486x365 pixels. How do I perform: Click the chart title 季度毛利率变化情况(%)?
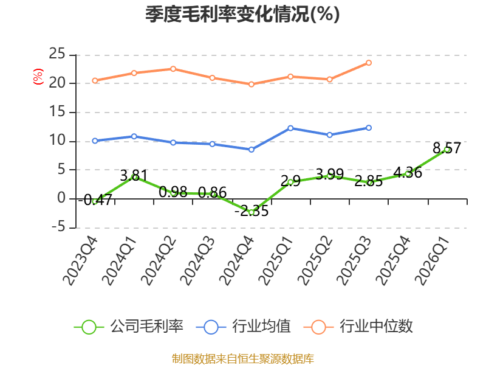click(x=242, y=14)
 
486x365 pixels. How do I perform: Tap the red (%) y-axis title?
click(x=38, y=77)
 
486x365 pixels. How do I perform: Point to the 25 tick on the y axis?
click(x=57, y=54)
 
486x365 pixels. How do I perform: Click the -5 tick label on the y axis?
click(x=58, y=227)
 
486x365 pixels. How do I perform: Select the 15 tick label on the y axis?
click(x=57, y=111)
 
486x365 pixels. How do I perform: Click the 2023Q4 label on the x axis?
click(x=80, y=261)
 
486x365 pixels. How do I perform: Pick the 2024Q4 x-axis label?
click(x=236, y=261)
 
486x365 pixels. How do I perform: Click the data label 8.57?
click(x=447, y=148)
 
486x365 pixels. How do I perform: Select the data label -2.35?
click(x=252, y=211)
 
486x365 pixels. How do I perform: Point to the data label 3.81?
click(x=134, y=176)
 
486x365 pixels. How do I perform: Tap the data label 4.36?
click(x=408, y=173)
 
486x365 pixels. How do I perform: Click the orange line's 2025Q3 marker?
click(x=369, y=63)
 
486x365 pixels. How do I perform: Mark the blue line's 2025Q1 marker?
click(x=290, y=128)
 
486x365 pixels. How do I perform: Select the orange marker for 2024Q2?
click(x=173, y=69)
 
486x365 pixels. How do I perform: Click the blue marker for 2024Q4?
click(x=252, y=150)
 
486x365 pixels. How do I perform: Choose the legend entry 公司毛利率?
click(x=129, y=327)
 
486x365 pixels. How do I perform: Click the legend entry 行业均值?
click(x=244, y=327)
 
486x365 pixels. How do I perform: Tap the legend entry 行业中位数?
click(x=358, y=327)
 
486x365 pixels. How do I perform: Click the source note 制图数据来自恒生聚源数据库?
click(x=242, y=358)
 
